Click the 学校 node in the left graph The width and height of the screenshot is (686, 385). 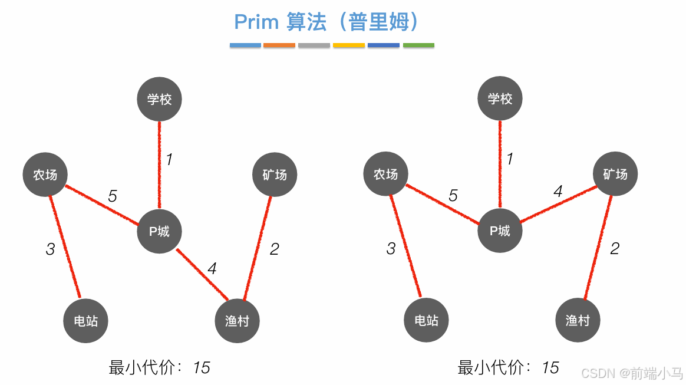pyautogui.click(x=159, y=99)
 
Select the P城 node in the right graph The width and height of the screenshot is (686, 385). pyautogui.click(x=500, y=231)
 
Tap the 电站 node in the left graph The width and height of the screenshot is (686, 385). pyautogui.click(x=85, y=321)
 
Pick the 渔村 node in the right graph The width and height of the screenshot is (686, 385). pyautogui.click(x=578, y=321)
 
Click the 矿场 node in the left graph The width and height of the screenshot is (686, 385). pyautogui.click(x=274, y=175)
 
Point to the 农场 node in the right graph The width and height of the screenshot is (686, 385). pyautogui.click(x=385, y=175)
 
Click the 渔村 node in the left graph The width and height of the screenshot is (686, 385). pyautogui.click(x=237, y=321)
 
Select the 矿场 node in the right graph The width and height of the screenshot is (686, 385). pyautogui.click(x=615, y=175)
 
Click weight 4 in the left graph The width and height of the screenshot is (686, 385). pyautogui.click(x=212, y=269)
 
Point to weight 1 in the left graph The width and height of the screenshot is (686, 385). pyautogui.click(x=169, y=159)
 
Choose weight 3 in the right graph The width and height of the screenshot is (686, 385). pyautogui.click(x=391, y=249)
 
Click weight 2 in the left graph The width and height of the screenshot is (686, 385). pyautogui.click(x=274, y=249)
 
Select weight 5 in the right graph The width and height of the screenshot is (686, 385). pyautogui.click(x=453, y=196)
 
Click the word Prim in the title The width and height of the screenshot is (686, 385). pyautogui.click(x=256, y=22)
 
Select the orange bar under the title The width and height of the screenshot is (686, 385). pyautogui.click(x=279, y=45)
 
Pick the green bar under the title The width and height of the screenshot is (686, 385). pyautogui.click(x=418, y=45)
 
